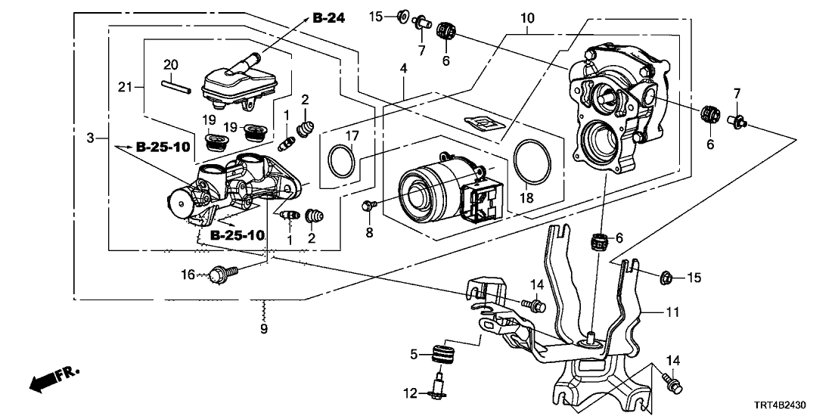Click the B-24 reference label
328,18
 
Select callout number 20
170,64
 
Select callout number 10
527,17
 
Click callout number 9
264,329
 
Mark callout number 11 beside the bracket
673,312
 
